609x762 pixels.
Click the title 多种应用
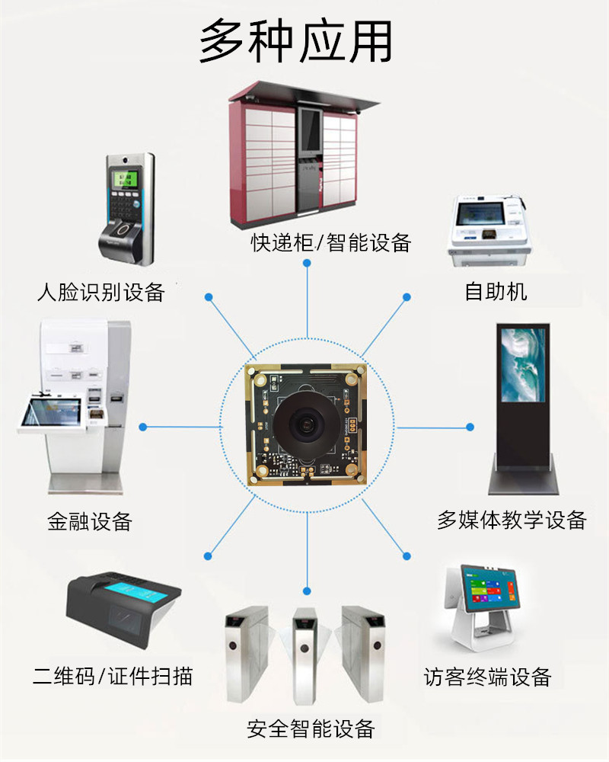point(295,41)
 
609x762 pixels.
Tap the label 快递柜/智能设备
point(330,242)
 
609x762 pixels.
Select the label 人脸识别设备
point(101,292)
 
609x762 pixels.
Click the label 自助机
point(496,292)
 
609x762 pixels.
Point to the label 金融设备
point(90,521)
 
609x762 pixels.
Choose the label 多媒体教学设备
point(512,520)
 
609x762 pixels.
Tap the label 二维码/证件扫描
point(113,676)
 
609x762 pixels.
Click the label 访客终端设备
point(488,677)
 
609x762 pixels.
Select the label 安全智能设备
point(311,728)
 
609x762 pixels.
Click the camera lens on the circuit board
point(306,423)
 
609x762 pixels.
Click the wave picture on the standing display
point(523,364)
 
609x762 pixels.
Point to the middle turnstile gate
point(305,655)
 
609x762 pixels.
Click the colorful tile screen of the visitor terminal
point(489,589)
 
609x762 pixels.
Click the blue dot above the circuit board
point(307,263)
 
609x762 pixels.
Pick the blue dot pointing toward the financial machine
point(143,427)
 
